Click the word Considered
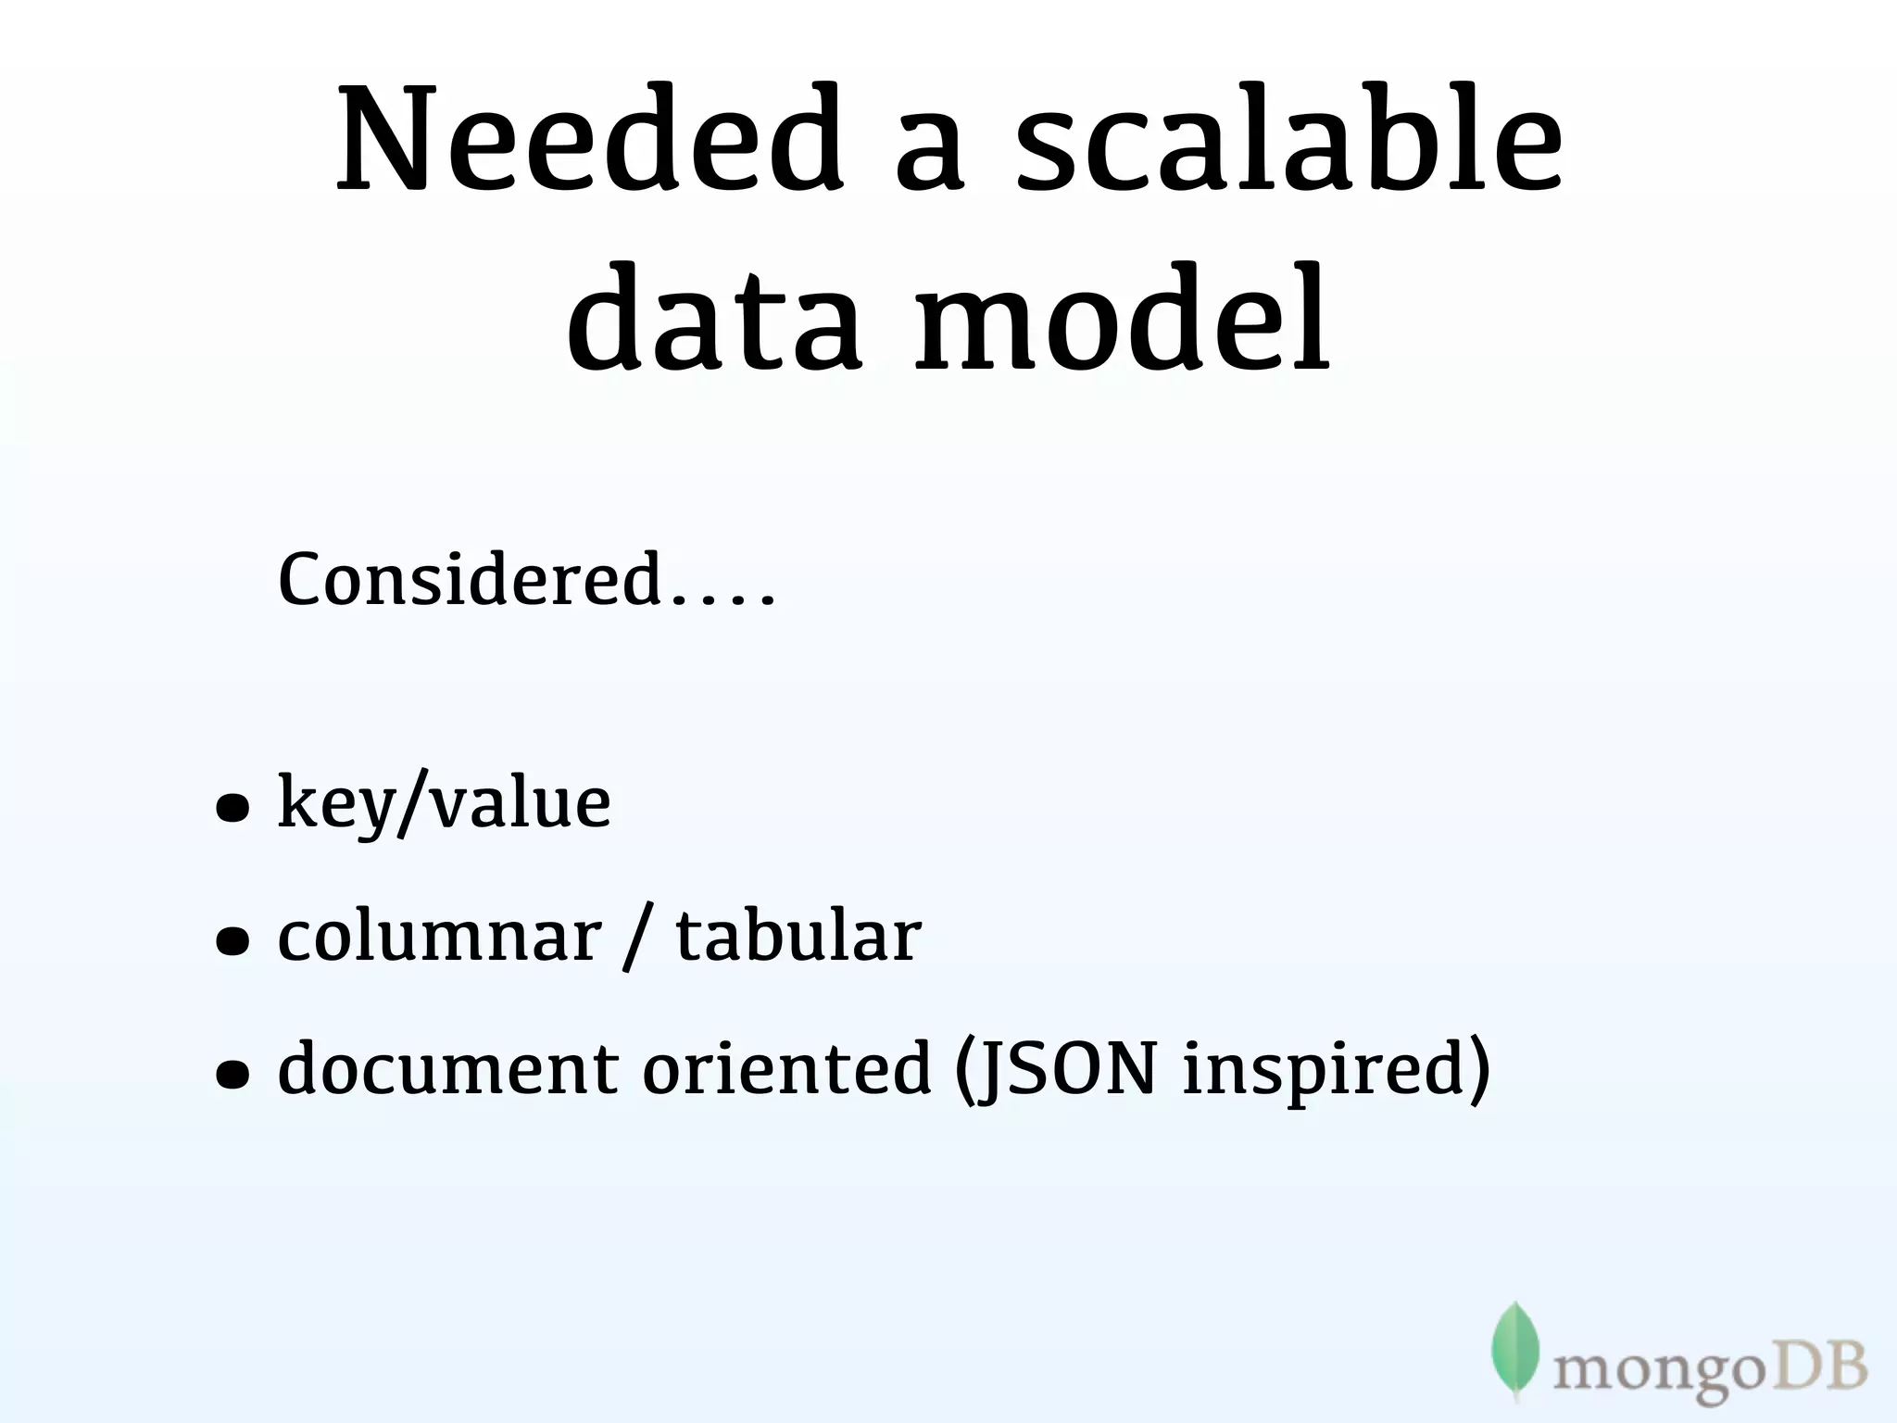[x=470, y=580]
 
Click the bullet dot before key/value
[x=232, y=809]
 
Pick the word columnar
[x=439, y=937]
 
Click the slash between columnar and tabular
[x=634, y=938]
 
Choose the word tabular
[x=798, y=937]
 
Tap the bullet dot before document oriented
[x=232, y=1075]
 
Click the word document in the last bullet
[x=448, y=1069]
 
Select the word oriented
[x=786, y=1069]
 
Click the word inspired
[x=1326, y=1071]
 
